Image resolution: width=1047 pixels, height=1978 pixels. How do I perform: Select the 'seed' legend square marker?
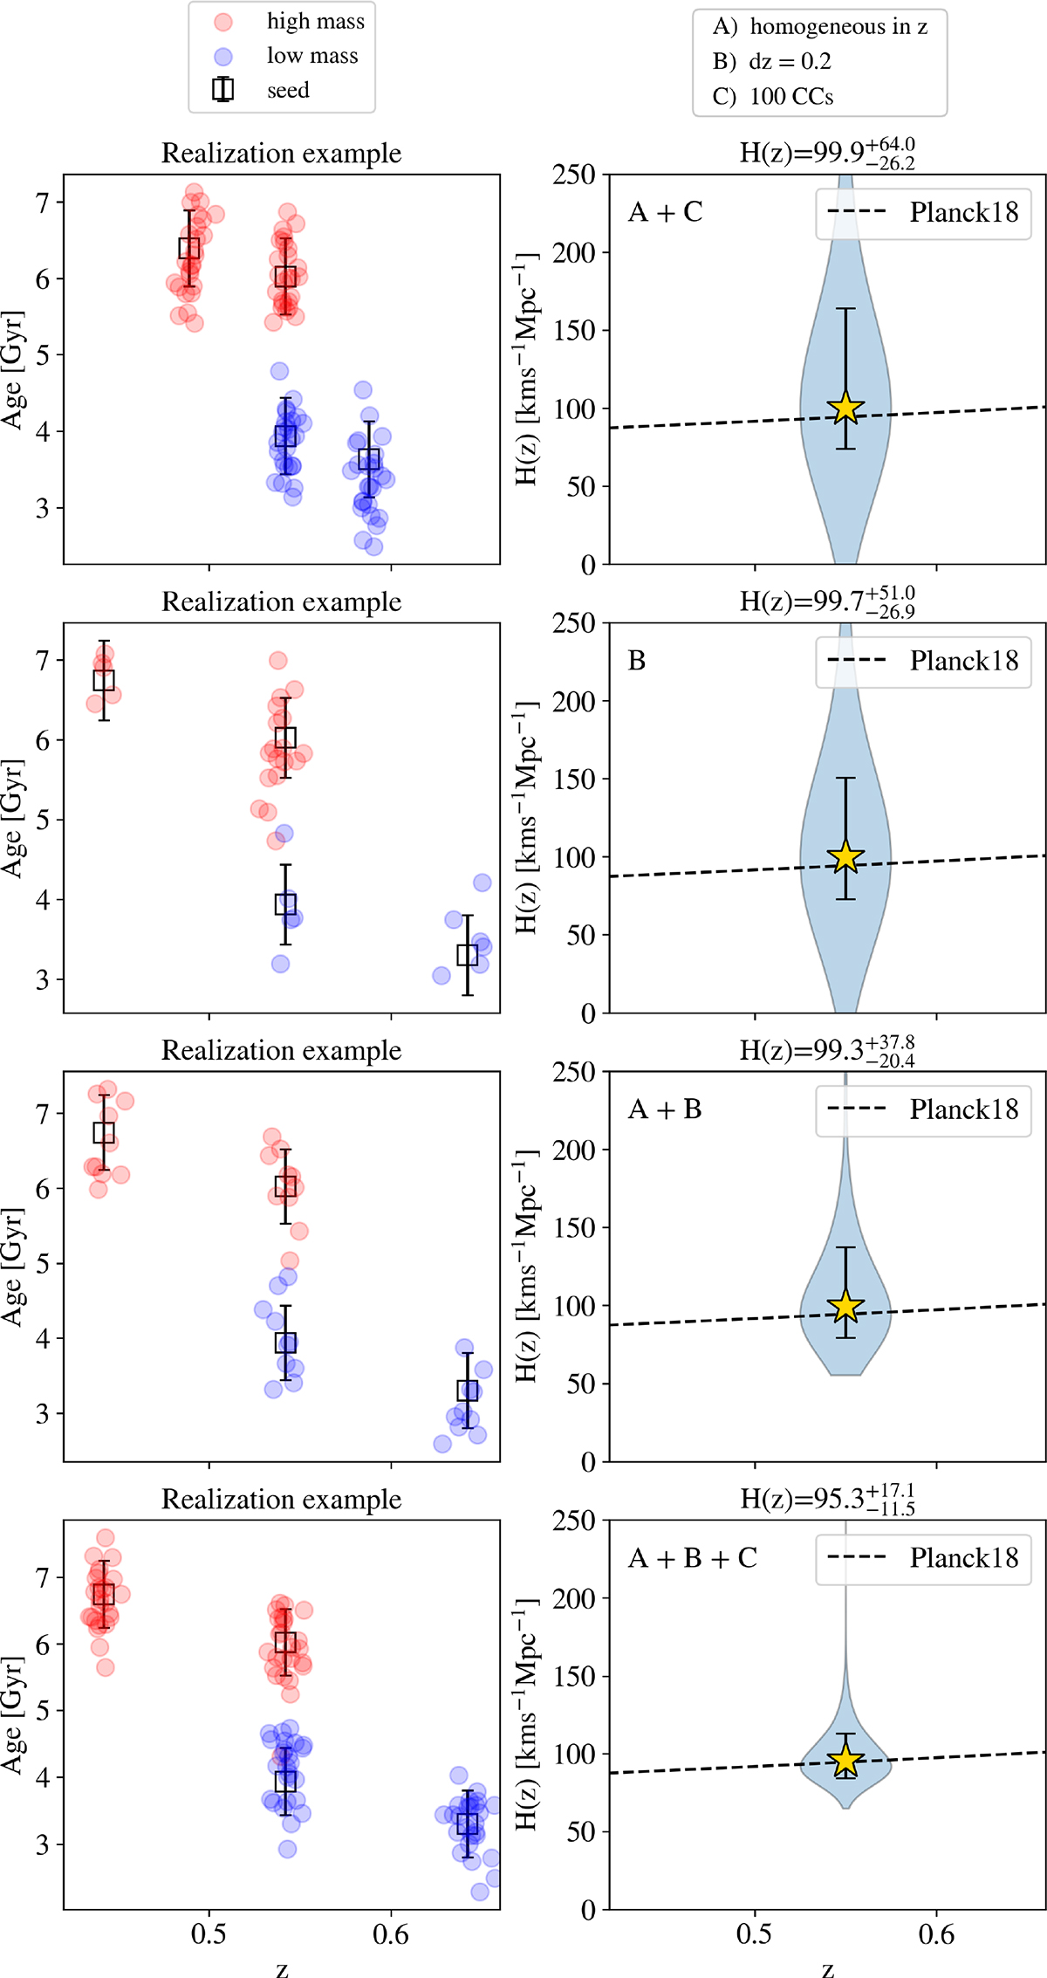(x=223, y=89)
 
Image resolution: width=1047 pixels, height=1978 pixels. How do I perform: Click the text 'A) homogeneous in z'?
(x=819, y=27)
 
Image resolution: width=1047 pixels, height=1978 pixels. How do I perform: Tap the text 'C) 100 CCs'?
(x=772, y=96)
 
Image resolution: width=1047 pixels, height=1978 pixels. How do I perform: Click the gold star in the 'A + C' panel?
(x=845, y=408)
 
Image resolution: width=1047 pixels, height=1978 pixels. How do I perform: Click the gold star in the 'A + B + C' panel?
(x=845, y=1761)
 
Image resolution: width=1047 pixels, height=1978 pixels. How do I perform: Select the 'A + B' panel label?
(x=665, y=1109)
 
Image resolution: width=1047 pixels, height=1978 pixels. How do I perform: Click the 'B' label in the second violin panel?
(x=637, y=661)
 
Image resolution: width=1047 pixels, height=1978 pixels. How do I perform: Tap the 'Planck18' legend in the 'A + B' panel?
(x=923, y=1110)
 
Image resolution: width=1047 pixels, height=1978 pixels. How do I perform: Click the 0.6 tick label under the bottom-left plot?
(x=390, y=1934)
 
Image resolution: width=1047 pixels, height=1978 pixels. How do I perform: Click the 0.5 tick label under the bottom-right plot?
(x=754, y=1934)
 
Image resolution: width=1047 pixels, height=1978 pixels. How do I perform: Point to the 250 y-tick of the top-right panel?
(x=573, y=175)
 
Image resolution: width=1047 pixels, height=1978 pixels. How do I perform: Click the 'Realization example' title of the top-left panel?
(x=281, y=154)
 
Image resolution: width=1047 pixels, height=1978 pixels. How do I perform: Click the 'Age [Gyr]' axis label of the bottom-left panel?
(x=12, y=1714)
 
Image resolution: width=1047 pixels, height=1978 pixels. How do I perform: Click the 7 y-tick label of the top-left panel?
(x=43, y=203)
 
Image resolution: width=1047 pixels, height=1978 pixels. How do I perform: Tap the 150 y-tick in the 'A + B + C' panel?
(x=573, y=1677)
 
